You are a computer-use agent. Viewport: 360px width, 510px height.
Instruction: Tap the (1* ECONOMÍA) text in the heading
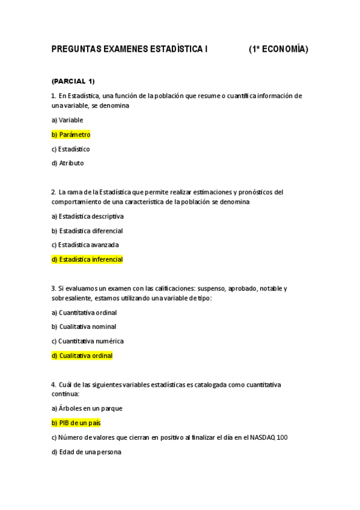pos(278,51)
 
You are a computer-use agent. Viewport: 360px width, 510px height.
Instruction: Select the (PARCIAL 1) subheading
pos(73,81)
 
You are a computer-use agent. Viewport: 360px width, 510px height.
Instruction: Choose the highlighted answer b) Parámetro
pos(71,135)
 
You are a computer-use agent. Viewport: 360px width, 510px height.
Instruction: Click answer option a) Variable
pos(67,120)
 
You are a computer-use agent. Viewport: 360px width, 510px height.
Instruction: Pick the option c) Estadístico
pos(70,149)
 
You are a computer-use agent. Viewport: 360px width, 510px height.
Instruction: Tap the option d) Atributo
pos(68,163)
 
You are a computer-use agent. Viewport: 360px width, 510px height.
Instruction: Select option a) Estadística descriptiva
pos(88,217)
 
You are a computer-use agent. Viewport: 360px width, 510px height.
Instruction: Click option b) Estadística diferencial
pos(87,231)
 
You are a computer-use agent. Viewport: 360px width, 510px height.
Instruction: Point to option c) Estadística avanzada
pos(85,245)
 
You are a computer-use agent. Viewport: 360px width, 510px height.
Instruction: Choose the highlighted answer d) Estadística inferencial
pos(87,260)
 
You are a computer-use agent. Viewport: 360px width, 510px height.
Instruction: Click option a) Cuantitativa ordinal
pos(84,313)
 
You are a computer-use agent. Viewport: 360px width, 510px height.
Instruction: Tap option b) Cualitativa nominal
pos(84,327)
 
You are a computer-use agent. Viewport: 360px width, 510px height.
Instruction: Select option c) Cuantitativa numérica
pos(88,341)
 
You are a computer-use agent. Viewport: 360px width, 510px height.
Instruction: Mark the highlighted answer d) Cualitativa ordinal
pos(82,355)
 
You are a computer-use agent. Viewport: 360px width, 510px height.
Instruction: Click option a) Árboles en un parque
pos(87,408)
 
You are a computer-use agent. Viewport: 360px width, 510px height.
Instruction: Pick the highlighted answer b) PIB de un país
pos(76,423)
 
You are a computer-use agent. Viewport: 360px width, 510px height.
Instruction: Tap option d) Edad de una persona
pos(87,452)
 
